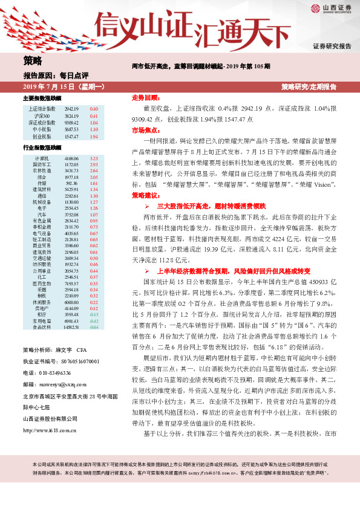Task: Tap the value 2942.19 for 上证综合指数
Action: tap(72, 108)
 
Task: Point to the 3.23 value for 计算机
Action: tap(94, 158)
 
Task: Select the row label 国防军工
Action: tap(40, 164)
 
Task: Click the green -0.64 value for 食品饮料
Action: tap(94, 327)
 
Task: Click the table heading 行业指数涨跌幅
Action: tap(42, 148)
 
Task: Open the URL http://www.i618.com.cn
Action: tap(48, 414)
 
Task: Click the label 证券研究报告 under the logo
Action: tap(332, 47)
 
